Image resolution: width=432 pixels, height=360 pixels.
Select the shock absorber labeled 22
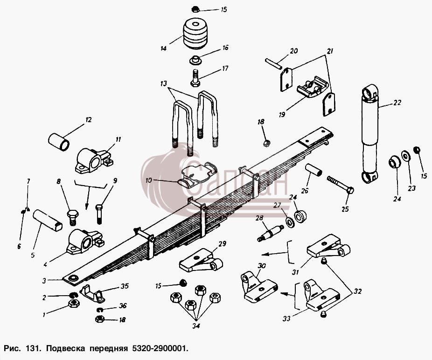tap(370, 133)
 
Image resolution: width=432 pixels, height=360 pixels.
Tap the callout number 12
tap(89, 120)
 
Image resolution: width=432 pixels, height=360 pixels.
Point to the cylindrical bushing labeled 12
tap(59, 142)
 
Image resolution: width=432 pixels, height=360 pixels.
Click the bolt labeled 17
tap(195, 78)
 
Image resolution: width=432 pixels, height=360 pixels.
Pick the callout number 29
tap(223, 243)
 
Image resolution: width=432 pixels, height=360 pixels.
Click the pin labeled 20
tap(273, 63)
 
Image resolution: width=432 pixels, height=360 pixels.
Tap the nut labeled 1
tap(74, 304)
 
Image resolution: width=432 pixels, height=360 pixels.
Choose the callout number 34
tap(196, 326)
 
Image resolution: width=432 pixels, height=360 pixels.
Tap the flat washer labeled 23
tap(405, 156)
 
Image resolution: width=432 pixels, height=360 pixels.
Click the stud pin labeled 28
tap(271, 233)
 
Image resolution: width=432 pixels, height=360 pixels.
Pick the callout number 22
tap(397, 103)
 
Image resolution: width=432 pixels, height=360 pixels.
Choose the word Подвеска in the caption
tap(65, 348)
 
